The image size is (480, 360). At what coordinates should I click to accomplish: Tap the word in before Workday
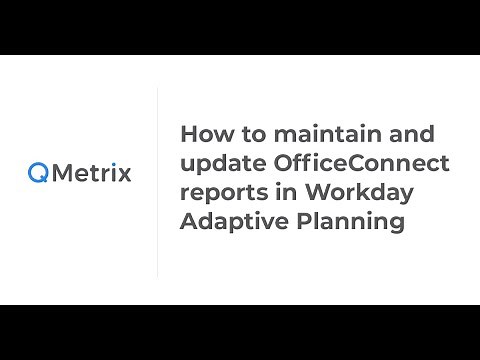pyautogui.click(x=282, y=192)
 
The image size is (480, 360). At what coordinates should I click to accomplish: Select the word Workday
pyautogui.click(x=345, y=193)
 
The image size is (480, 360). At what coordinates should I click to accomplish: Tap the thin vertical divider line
pyautogui.click(x=158, y=181)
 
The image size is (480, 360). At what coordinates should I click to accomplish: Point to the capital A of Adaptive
pyautogui.click(x=188, y=221)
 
